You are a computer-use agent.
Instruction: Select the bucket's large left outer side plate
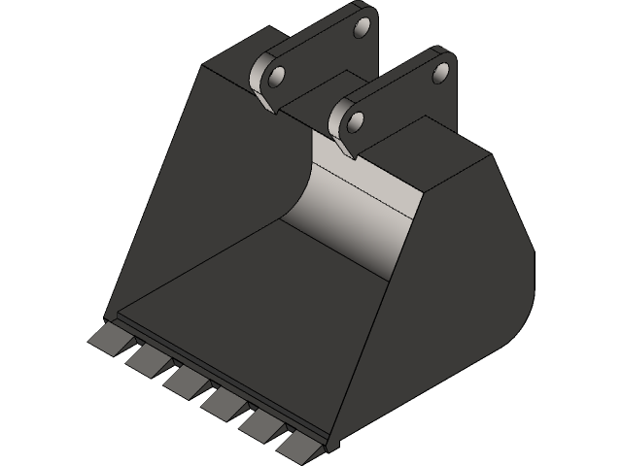click(x=175, y=194)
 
